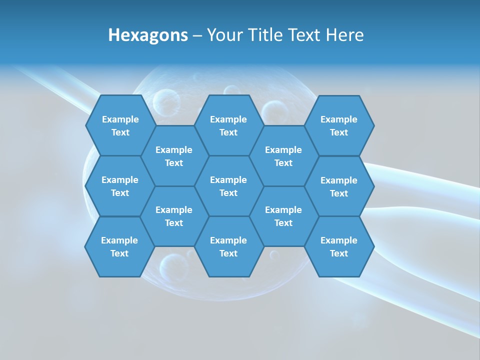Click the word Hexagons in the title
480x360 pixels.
[x=148, y=35]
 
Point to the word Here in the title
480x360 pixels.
[x=344, y=35]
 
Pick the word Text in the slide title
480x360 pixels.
[x=305, y=35]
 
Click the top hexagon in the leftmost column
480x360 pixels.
[x=120, y=125]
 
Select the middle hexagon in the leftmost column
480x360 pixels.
[x=120, y=186]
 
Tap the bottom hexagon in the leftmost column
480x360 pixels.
[x=119, y=246]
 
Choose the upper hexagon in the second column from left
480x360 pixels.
[x=174, y=156]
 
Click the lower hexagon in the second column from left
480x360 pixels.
[x=174, y=216]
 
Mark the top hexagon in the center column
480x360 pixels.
[x=228, y=125]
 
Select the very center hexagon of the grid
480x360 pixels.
[x=228, y=186]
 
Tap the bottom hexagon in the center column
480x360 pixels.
[x=228, y=246]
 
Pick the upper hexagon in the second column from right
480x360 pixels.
[x=283, y=156]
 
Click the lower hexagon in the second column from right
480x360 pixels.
[x=283, y=216]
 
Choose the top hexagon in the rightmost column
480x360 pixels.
[x=339, y=125]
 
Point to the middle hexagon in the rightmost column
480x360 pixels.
[x=339, y=186]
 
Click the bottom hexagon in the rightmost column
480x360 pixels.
[x=339, y=246]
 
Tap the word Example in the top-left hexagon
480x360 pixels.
[x=120, y=119]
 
